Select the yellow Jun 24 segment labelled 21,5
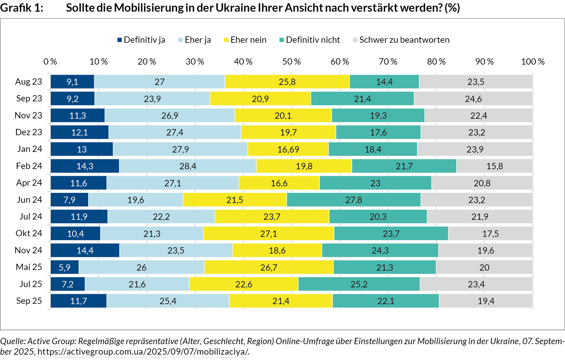click(235, 200)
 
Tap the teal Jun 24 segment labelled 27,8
click(354, 200)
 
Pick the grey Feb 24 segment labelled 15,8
click(494, 166)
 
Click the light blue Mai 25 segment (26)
click(141, 267)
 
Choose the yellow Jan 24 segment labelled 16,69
click(288, 149)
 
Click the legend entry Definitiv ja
click(141, 40)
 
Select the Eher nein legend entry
click(245, 40)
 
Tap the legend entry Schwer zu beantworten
click(401, 40)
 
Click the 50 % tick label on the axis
click(291, 62)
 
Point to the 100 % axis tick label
click(533, 62)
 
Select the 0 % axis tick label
click(50, 62)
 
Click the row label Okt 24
click(29, 233)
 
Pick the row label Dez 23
click(29, 132)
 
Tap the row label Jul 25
click(30, 284)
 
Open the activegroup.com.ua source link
click(143, 352)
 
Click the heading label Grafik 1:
click(22, 8)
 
